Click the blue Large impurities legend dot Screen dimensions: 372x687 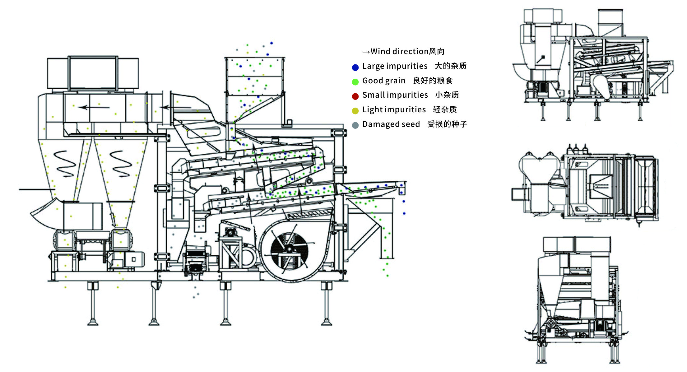[355, 67]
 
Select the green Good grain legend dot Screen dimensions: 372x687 [355, 82]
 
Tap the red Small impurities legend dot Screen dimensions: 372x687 [355, 96]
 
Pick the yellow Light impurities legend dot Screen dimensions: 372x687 [355, 111]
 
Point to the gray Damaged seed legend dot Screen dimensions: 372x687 [355, 125]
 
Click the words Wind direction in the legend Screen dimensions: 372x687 [399, 51]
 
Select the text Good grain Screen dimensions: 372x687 [384, 81]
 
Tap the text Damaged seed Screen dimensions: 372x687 [391, 124]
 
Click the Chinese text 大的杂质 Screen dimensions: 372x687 [450, 66]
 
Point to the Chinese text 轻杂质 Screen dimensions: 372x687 [445, 109]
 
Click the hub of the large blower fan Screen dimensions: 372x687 [289, 249]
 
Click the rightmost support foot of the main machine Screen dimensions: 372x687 [326, 322]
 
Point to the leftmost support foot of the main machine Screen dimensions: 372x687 [93, 322]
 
